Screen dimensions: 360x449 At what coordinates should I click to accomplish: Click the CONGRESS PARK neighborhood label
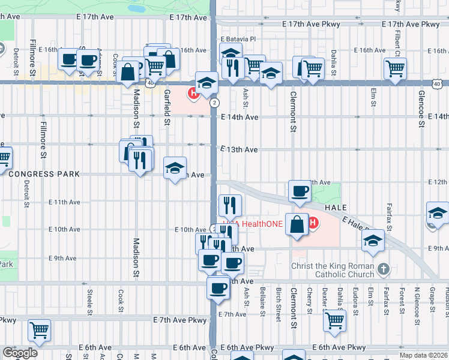(44, 174)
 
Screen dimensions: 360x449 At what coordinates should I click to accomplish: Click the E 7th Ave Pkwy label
(178, 320)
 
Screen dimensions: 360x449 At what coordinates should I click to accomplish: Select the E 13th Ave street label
(239, 149)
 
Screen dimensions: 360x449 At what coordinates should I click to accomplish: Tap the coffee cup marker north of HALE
(300, 191)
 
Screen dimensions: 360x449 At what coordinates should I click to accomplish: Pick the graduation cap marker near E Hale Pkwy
(373, 240)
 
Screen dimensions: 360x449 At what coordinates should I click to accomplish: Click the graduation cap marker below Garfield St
(175, 168)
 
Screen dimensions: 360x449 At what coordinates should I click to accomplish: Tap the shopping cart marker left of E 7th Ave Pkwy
(40, 329)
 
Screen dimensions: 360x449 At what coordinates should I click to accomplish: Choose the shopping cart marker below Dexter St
(334, 319)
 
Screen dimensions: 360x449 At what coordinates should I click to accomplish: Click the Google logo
(20, 353)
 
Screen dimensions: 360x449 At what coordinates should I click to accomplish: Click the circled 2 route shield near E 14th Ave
(214, 103)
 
